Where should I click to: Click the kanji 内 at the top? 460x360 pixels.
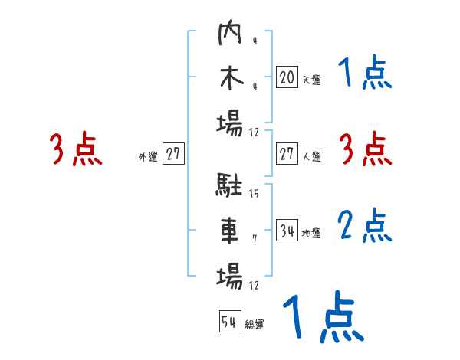(229, 35)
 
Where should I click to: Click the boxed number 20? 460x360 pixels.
(287, 77)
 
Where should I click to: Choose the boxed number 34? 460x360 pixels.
(287, 231)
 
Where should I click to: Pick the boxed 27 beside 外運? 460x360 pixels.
(173, 154)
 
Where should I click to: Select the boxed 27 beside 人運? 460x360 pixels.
(287, 154)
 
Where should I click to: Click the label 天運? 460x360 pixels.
(311, 80)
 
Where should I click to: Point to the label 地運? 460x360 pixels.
(311, 234)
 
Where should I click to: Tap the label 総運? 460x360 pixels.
(255, 325)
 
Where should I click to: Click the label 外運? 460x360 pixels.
(148, 157)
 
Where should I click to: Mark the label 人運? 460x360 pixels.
(311, 157)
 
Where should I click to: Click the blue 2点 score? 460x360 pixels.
(365, 226)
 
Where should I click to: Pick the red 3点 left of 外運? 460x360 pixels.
(75, 149)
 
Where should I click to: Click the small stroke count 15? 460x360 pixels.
(254, 194)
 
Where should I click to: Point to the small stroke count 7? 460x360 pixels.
(254, 239)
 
